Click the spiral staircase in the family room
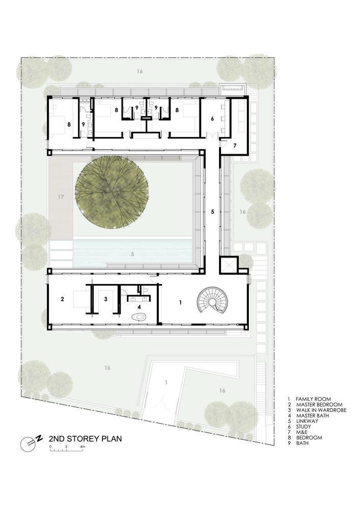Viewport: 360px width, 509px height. pos(213,301)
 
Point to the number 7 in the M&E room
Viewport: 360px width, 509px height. pos(235,146)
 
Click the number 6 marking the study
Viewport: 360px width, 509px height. pos(212,119)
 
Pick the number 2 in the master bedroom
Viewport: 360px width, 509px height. pos(62,299)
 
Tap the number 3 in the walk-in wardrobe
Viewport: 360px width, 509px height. pos(105,299)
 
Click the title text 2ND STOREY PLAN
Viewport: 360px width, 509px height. pos(85,439)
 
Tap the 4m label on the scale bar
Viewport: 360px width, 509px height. pos(82,446)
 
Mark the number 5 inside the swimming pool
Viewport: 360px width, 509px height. pos(132,253)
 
